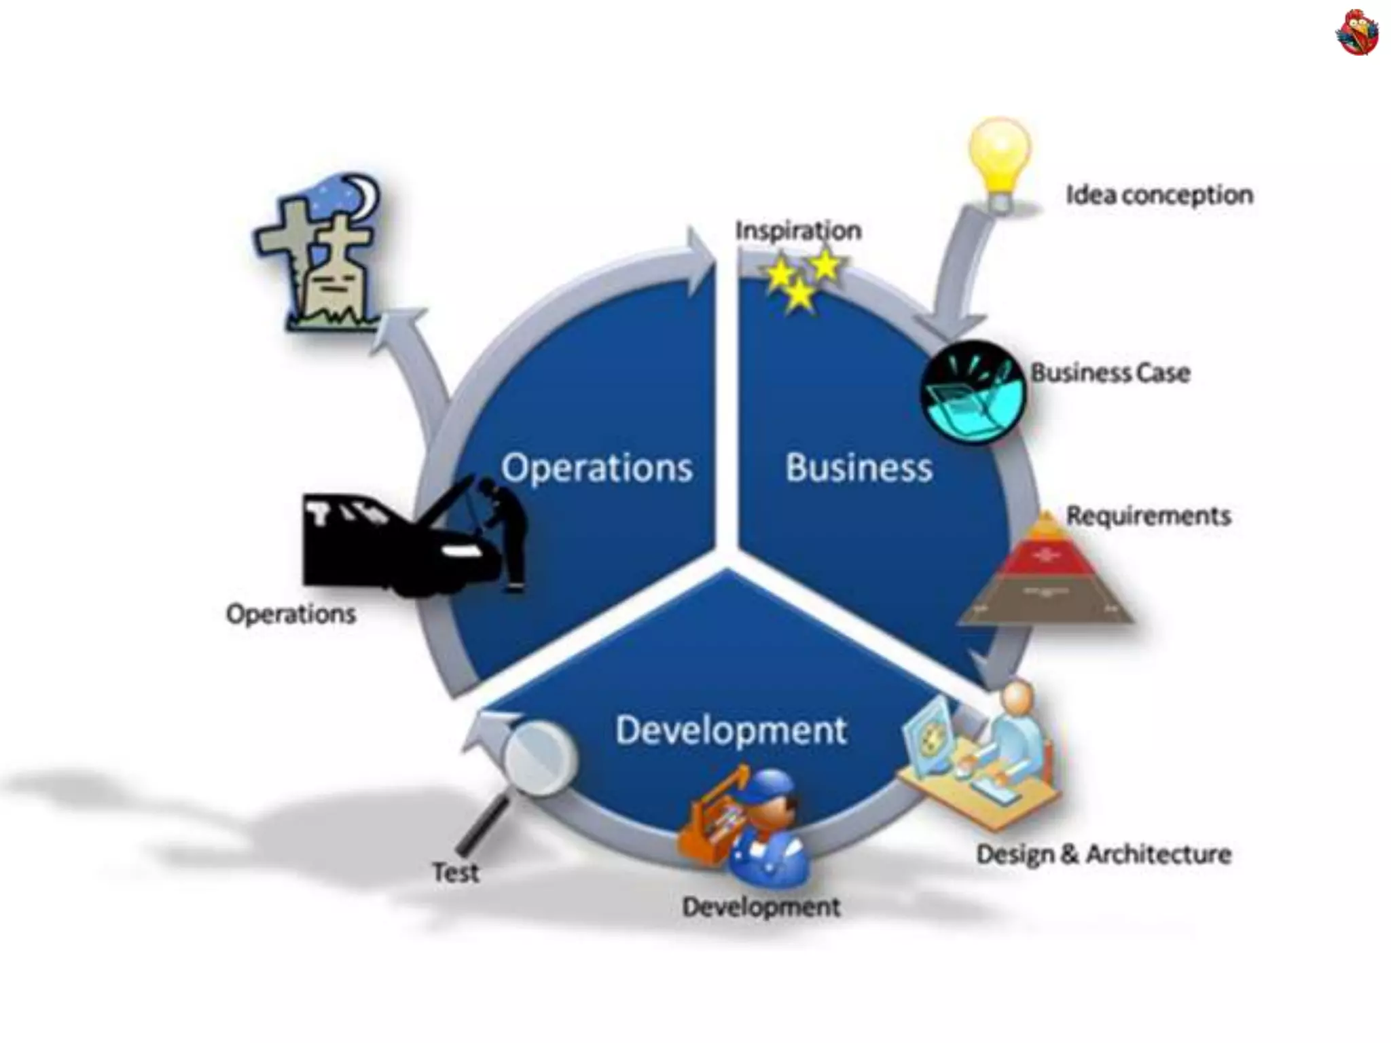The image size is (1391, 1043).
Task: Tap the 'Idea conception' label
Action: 1159,195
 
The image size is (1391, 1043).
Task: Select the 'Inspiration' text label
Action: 798,230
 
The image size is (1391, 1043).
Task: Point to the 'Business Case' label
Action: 1110,373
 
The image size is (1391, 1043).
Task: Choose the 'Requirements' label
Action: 1149,515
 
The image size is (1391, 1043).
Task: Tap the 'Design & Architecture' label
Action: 1104,854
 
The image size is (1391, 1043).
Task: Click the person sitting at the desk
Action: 1012,733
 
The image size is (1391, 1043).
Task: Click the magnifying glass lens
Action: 540,758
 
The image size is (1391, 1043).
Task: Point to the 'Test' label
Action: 455,872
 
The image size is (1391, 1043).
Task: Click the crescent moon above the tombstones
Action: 367,194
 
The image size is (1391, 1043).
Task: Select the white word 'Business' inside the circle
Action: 859,468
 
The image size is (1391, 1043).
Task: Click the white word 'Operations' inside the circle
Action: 597,468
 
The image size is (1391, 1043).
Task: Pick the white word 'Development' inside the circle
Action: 731,731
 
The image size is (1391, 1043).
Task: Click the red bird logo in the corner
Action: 1357,32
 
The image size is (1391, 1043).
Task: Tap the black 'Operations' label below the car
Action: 291,614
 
